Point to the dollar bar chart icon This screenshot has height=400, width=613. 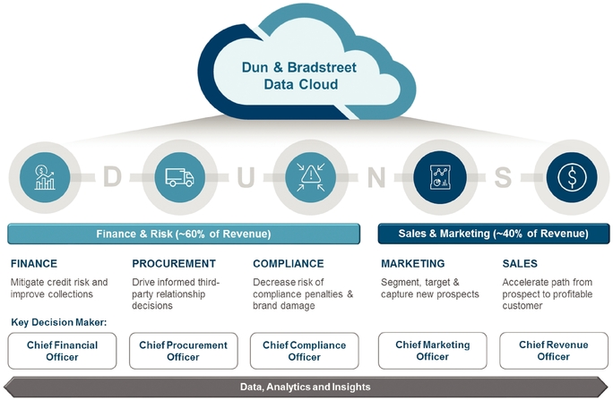point(44,175)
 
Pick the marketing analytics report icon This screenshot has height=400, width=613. point(438,175)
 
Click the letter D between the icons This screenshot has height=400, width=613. point(111,177)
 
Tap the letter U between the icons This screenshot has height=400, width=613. point(245,177)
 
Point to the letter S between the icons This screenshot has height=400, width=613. point(504,177)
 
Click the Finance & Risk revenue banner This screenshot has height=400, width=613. point(185,234)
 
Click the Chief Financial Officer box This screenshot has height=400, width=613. point(63,351)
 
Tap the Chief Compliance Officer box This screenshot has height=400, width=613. point(305,351)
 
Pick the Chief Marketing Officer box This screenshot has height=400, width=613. point(433,351)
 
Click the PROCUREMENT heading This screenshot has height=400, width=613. point(174,264)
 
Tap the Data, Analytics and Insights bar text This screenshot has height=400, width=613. point(306,387)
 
